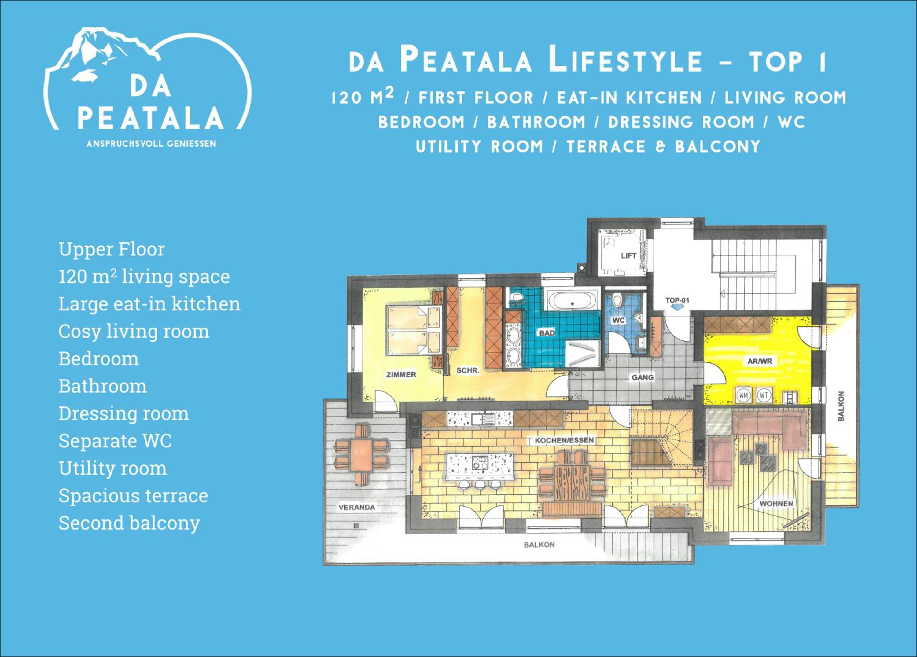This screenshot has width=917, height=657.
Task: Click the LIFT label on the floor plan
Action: (628, 255)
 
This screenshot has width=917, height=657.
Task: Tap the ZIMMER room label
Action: (401, 374)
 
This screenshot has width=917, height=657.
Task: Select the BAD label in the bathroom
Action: (546, 333)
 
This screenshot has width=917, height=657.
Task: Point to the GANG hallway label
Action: (643, 377)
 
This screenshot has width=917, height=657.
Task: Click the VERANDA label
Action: (357, 507)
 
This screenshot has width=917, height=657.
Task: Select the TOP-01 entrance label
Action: (677, 300)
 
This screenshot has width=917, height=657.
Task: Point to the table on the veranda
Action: (362, 454)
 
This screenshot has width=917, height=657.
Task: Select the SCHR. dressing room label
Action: (468, 370)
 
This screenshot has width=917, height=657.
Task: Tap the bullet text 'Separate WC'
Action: (115, 441)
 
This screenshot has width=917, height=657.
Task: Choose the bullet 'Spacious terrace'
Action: (134, 496)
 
